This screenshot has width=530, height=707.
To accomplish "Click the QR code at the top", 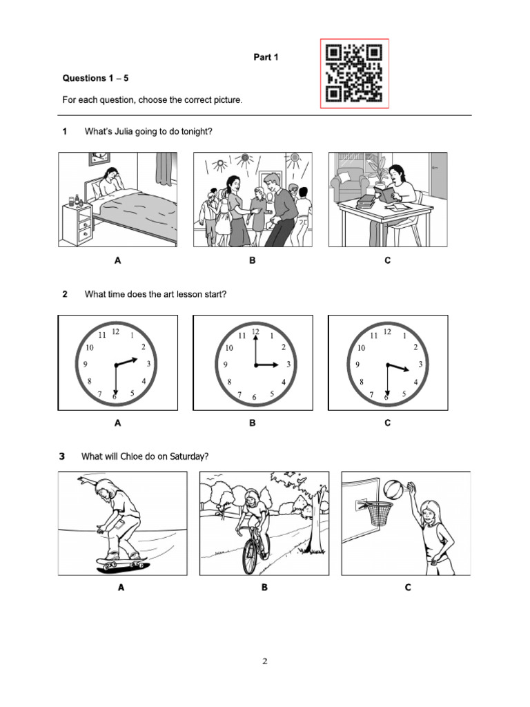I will pyautogui.click(x=354, y=73).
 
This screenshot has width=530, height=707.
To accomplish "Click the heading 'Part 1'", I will pyautogui.click(x=265, y=57).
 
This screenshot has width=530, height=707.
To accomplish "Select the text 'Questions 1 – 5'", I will pyautogui.click(x=96, y=78).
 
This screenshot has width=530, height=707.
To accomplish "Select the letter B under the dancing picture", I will pyautogui.click(x=253, y=261).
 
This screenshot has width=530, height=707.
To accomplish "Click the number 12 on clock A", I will pyautogui.click(x=115, y=331).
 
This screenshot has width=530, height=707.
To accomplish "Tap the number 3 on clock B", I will pyautogui.click(x=288, y=364).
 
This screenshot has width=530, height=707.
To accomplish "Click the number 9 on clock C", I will pyautogui.click(x=357, y=365).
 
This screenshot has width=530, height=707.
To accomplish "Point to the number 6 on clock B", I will pyautogui.click(x=254, y=397).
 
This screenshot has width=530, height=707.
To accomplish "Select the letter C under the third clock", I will pyautogui.click(x=387, y=423).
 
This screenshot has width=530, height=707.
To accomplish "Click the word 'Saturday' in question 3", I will pyautogui.click(x=186, y=456).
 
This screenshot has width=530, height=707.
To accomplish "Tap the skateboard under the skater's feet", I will pyautogui.click(x=121, y=564).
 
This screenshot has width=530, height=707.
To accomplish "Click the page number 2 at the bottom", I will pyautogui.click(x=264, y=661).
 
